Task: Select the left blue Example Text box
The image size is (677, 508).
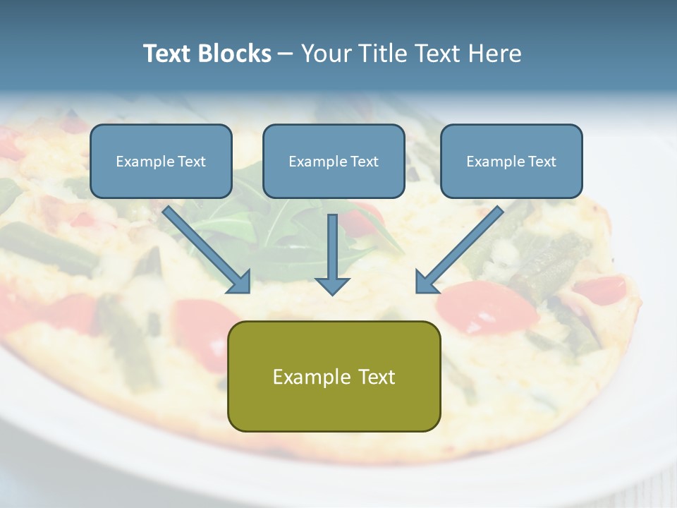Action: point(161,161)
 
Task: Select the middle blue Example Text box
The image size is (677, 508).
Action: point(334,161)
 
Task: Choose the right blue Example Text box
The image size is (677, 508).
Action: point(511,161)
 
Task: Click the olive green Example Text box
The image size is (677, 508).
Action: point(334,376)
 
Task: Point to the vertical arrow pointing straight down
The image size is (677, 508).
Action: point(332,250)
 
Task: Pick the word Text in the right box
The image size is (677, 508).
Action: point(542,162)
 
